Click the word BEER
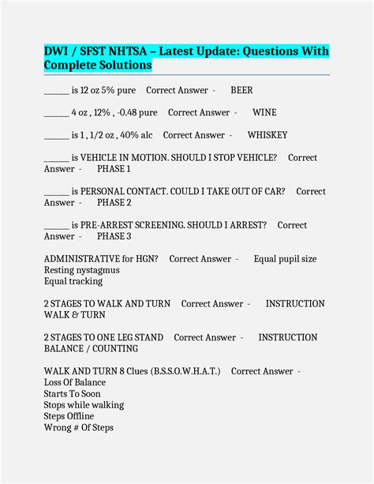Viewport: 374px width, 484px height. click(x=241, y=91)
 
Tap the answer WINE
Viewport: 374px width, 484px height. click(x=264, y=113)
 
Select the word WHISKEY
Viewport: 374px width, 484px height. click(x=267, y=135)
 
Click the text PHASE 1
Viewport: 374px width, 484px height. click(x=114, y=169)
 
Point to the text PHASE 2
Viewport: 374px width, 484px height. click(x=114, y=203)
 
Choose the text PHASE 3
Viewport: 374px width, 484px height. click(x=114, y=236)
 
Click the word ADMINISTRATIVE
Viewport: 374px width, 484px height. click(x=82, y=259)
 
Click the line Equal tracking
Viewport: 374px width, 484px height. click(x=73, y=281)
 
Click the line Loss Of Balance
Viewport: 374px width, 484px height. click(x=75, y=383)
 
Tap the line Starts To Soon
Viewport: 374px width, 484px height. click(x=73, y=394)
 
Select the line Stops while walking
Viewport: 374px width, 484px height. click(x=84, y=405)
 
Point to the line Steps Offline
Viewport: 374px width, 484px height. click(x=69, y=416)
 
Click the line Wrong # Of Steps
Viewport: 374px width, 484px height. click(x=79, y=428)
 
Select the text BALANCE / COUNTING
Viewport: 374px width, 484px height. click(x=91, y=349)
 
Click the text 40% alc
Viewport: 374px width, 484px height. click(x=133, y=135)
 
